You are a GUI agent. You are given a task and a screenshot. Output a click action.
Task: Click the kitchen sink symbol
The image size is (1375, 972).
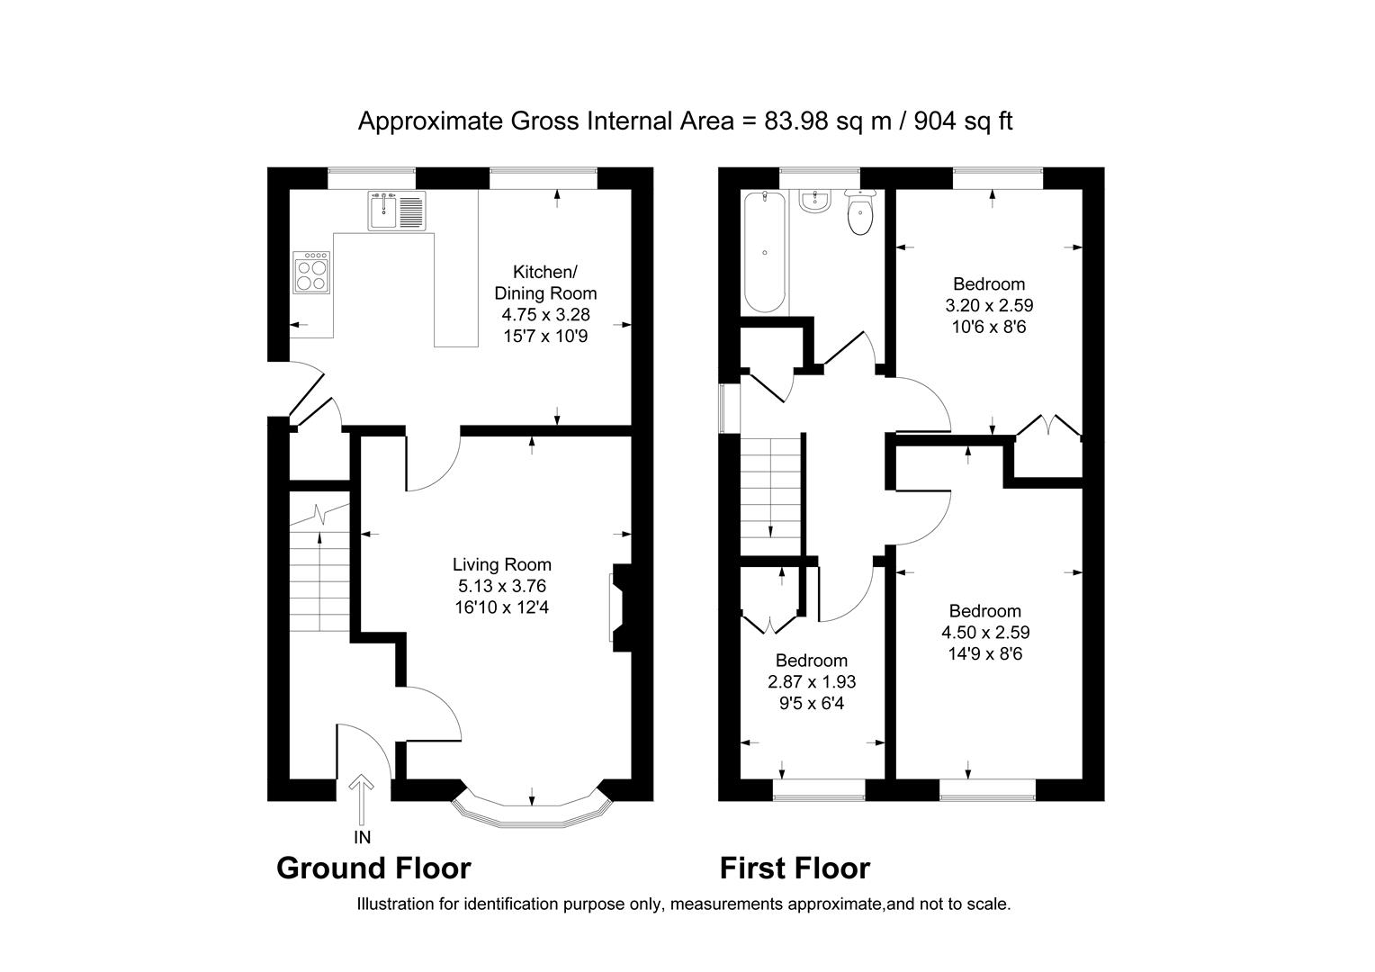395,211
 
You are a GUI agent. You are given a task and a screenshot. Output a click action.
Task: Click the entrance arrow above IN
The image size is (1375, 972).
362,797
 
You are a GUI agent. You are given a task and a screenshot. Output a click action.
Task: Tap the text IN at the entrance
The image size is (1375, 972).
363,838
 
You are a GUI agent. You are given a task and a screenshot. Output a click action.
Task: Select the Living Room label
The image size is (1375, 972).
501,564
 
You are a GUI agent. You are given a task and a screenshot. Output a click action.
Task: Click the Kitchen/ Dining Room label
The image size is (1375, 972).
545,282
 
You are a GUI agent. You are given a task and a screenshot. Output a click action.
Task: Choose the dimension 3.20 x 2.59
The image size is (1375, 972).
989,306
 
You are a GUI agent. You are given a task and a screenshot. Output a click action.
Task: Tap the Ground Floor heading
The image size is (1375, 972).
373,868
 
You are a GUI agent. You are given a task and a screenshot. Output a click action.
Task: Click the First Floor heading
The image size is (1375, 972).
795,868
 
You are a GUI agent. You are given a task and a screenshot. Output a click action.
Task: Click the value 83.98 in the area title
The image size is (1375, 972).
797,121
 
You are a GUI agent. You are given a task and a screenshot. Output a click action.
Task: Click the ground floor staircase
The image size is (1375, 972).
319,576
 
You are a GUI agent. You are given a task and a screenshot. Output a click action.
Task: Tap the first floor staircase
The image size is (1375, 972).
770,490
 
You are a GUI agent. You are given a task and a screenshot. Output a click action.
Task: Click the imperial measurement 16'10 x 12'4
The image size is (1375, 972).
501,607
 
